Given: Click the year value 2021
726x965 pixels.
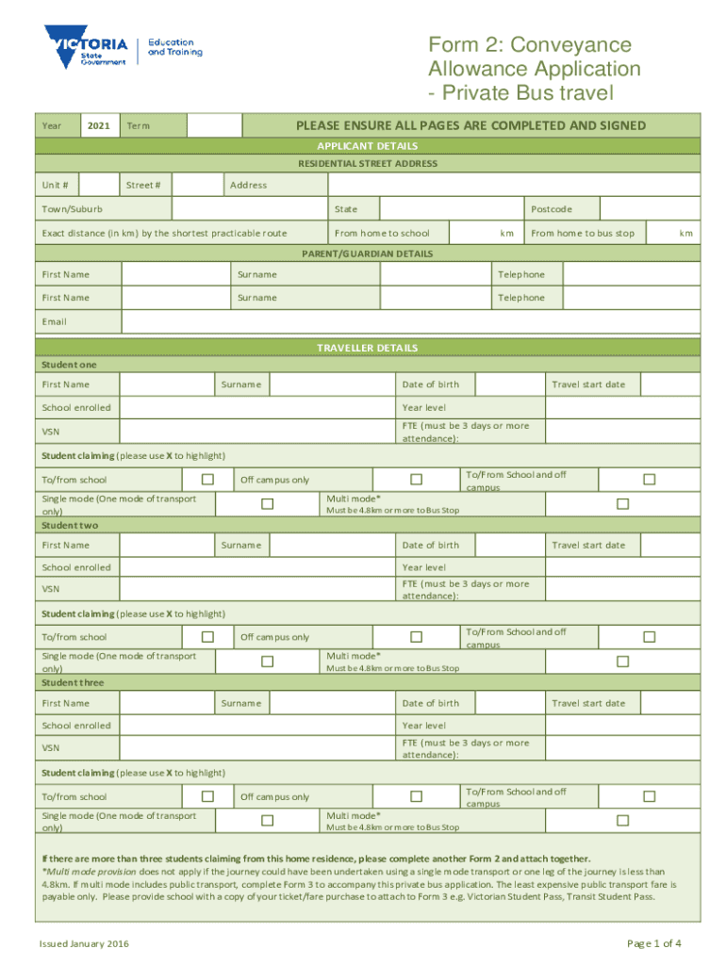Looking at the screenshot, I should click(x=99, y=125).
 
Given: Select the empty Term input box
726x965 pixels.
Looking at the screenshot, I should click(x=214, y=125).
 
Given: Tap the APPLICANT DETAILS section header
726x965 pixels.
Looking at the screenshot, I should click(x=368, y=146).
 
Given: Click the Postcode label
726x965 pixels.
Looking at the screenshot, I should click(x=552, y=208).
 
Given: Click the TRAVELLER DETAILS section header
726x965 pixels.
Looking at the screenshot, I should click(x=368, y=348).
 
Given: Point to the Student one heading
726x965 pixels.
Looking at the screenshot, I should click(x=69, y=364).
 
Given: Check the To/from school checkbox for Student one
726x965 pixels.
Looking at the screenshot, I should click(x=208, y=479).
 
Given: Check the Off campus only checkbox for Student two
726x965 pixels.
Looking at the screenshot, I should click(x=416, y=637).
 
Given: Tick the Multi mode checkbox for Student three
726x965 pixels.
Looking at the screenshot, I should click(x=622, y=821).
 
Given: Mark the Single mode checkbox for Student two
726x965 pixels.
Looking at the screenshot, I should click(x=267, y=662).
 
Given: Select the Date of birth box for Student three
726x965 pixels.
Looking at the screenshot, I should click(x=511, y=703).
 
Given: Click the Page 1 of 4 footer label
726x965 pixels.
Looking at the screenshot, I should click(x=654, y=943).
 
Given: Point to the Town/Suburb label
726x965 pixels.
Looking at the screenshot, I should click(x=73, y=208).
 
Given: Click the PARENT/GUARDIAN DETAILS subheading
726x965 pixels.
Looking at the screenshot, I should click(x=368, y=254).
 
